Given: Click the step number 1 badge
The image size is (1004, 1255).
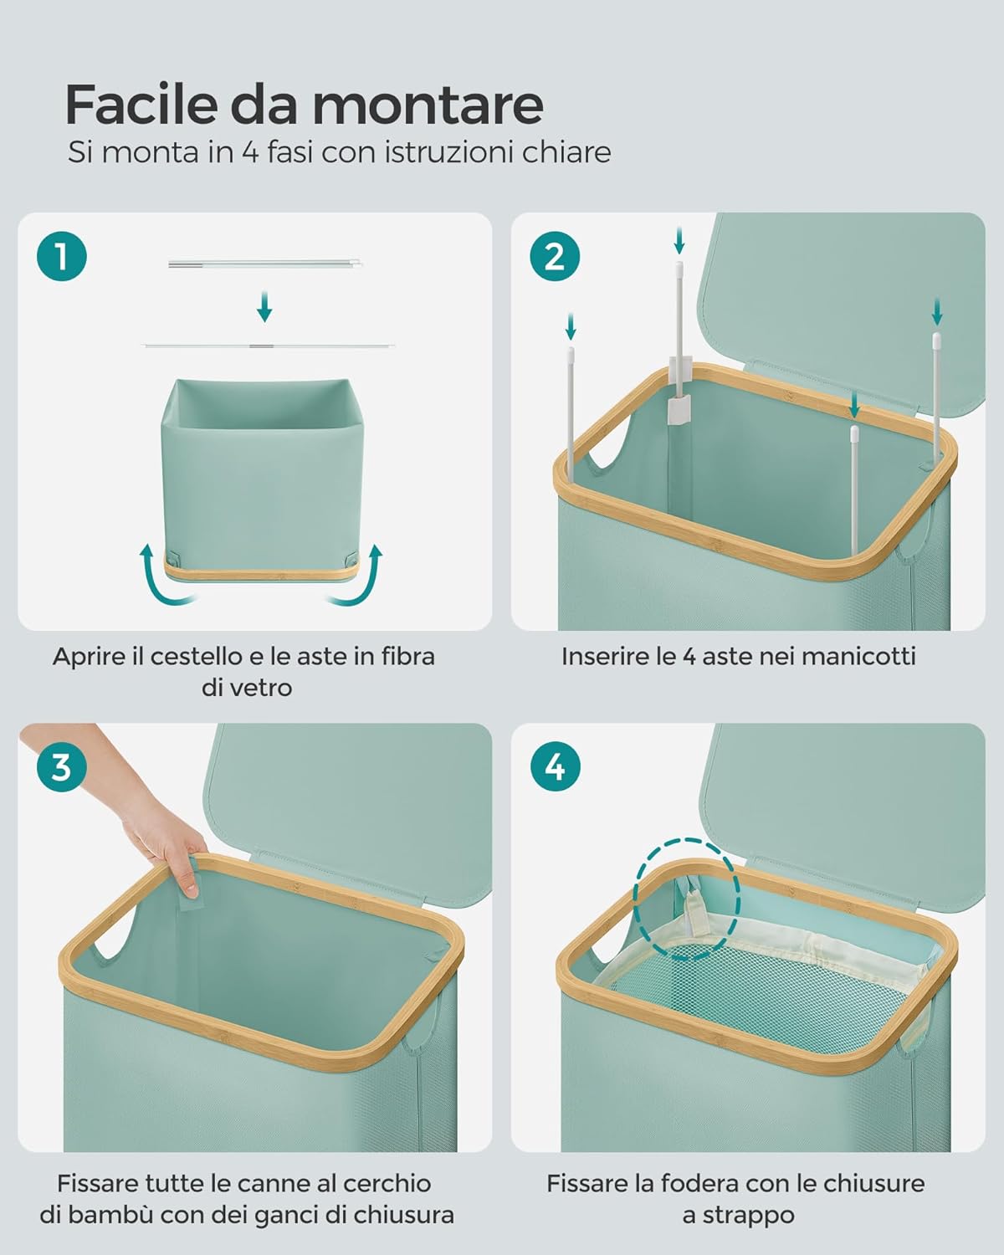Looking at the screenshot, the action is (x=61, y=257).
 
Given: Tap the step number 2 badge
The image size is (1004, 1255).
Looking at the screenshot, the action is (x=555, y=257).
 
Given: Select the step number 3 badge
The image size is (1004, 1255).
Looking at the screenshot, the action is (x=61, y=767).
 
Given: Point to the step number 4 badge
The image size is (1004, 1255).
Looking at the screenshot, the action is (x=555, y=767).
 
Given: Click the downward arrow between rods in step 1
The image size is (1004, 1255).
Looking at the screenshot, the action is (x=264, y=306).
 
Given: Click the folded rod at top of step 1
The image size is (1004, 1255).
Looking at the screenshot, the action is (x=265, y=264).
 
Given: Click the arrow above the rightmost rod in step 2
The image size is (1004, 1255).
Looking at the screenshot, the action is (x=937, y=311).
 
